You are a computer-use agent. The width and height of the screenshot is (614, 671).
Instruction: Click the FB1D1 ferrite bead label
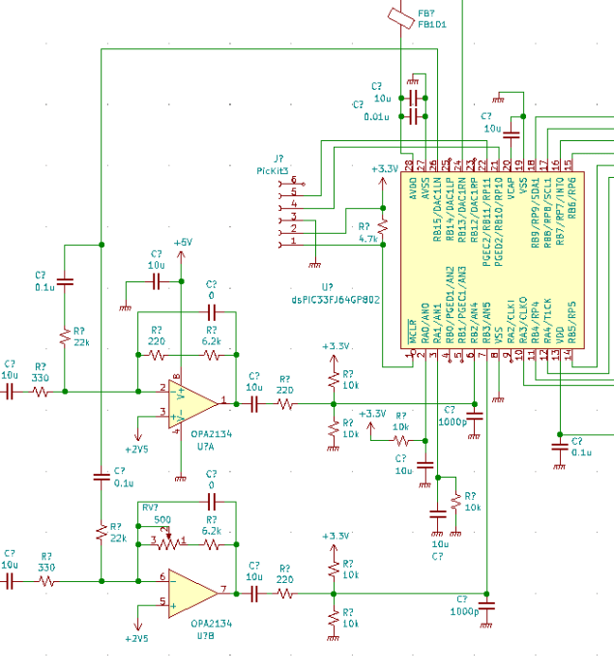pyautogui.click(x=432, y=24)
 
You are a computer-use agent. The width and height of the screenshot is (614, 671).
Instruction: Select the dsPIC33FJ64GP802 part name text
pyautogui.click(x=335, y=300)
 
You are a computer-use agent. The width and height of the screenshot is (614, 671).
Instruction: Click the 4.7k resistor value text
pyautogui.click(x=367, y=238)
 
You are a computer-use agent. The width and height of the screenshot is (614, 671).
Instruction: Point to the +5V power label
pyautogui.click(x=183, y=242)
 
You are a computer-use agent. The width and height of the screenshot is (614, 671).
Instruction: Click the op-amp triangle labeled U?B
pyautogui.click(x=194, y=590)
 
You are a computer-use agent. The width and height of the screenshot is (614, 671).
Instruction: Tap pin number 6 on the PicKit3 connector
pyautogui.click(x=293, y=181)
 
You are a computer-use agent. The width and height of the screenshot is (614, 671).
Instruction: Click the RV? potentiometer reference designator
pyautogui.click(x=150, y=507)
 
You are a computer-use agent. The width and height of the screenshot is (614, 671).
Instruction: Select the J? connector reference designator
pyautogui.click(x=279, y=159)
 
